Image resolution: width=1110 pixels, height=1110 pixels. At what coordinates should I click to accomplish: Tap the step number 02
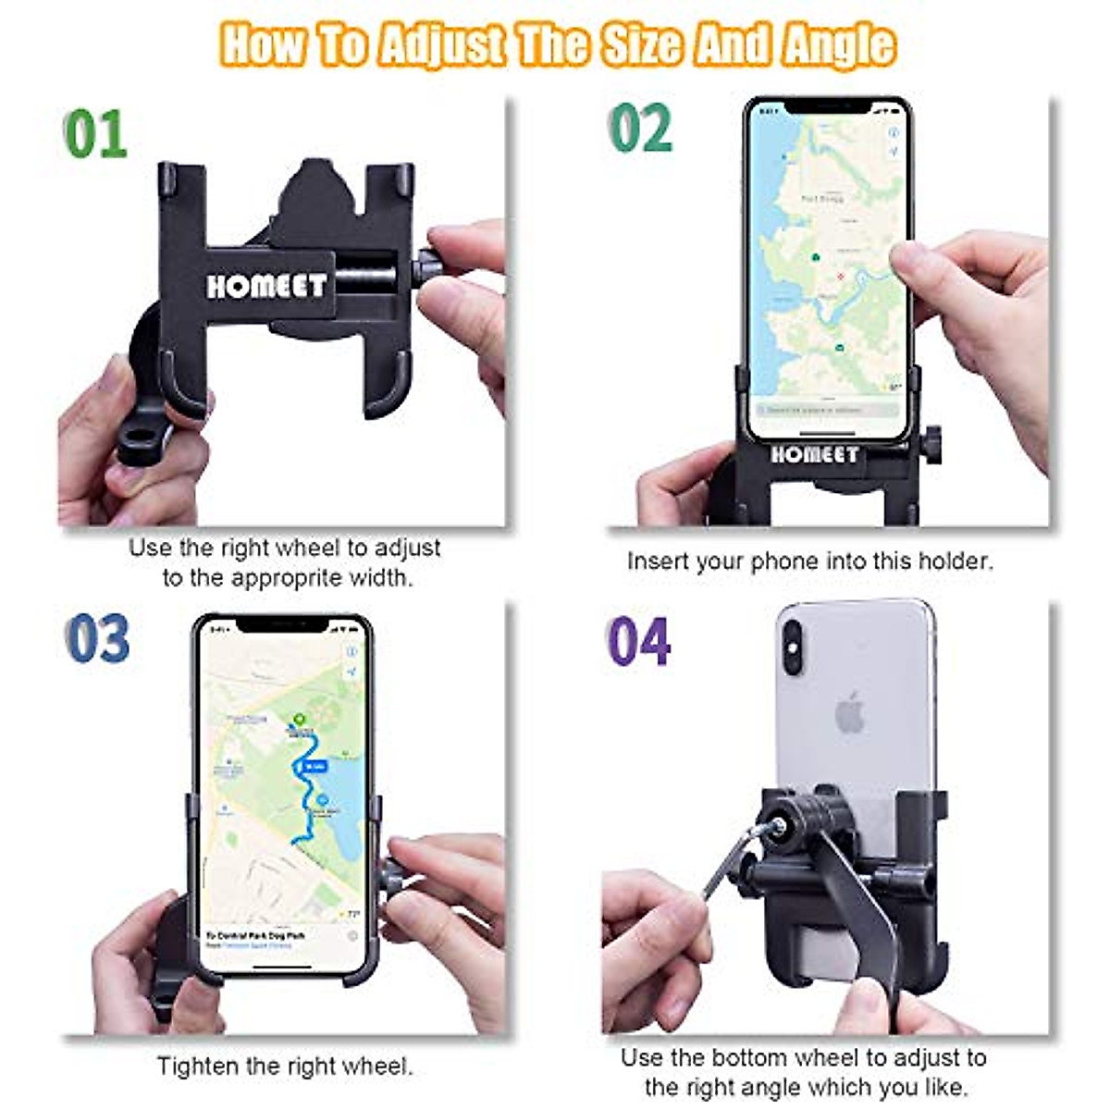[x=641, y=129]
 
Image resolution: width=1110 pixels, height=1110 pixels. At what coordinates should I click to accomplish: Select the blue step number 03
[x=97, y=639]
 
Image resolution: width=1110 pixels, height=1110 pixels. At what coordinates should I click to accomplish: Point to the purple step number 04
[x=638, y=641]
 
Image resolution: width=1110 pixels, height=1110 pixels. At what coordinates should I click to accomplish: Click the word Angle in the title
[x=839, y=44]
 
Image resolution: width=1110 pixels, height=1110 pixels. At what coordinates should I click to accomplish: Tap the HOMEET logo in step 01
[x=266, y=286]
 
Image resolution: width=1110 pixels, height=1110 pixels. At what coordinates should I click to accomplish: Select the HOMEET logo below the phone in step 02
[x=814, y=454]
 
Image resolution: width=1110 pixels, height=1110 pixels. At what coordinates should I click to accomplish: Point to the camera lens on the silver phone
[x=795, y=639]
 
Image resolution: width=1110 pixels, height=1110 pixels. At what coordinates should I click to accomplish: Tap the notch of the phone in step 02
[x=829, y=107]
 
